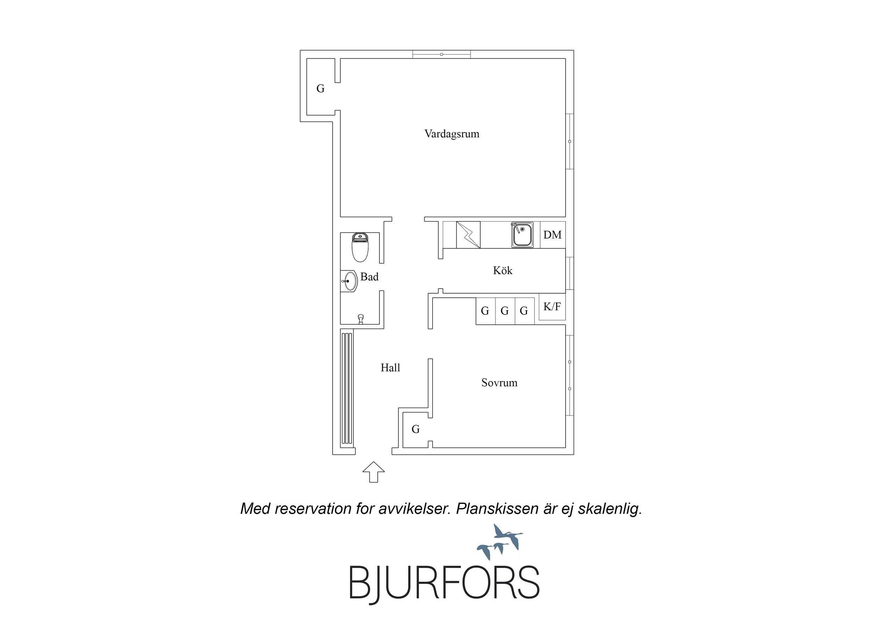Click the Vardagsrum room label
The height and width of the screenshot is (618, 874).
452,134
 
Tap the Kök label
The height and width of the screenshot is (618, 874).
503,270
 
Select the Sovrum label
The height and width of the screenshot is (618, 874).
499,383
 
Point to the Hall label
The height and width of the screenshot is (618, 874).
390,368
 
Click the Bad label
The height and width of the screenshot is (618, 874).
369,277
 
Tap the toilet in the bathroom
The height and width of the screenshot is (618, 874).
360,248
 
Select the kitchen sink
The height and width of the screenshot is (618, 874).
522,235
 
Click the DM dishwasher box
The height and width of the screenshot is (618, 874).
553,235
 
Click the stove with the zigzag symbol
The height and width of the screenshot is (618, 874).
468,235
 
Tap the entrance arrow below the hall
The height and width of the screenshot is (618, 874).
374,472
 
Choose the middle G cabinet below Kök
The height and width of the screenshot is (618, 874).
505,311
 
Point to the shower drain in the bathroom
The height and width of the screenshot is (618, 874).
361,319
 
